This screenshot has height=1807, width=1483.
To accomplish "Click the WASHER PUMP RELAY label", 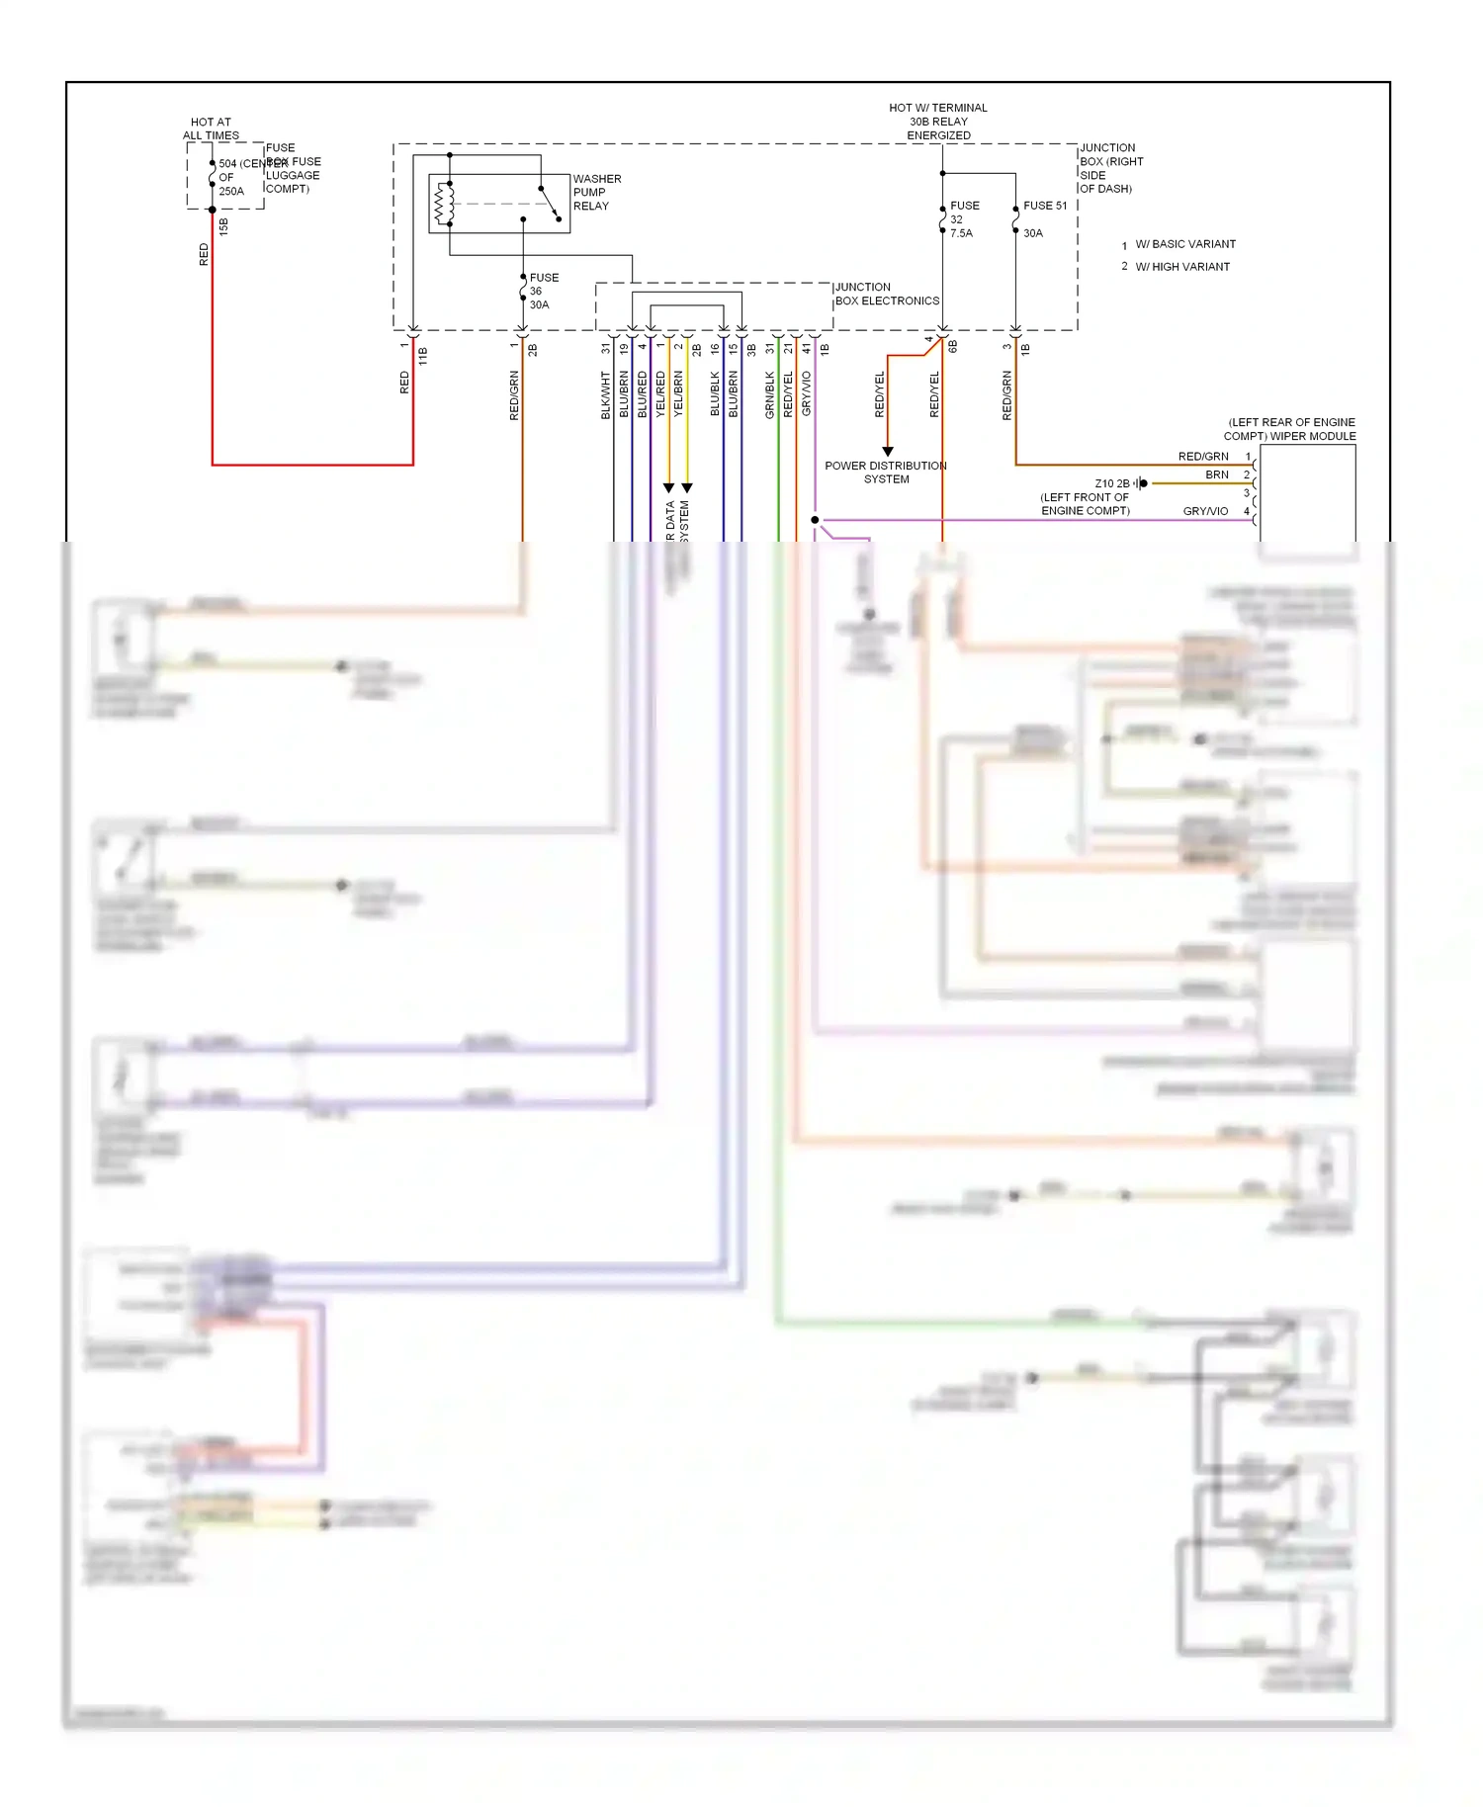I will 596,193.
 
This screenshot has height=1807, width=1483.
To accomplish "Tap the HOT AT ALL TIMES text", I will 211,129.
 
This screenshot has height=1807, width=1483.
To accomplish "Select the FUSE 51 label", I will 1044,206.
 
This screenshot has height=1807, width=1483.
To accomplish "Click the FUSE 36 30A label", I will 543,291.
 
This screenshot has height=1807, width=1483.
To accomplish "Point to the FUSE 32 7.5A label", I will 963,219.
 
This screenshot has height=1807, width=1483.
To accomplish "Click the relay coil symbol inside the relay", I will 444,204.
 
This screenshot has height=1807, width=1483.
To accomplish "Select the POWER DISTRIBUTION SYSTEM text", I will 886,473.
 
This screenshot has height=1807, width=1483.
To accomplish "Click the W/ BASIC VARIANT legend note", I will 1184,244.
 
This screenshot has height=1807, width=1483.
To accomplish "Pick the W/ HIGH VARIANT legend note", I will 1182,267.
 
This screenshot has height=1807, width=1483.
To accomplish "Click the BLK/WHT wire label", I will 606,395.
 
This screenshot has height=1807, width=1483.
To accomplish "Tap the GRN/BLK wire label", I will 770,395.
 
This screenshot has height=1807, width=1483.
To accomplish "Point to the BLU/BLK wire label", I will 715,393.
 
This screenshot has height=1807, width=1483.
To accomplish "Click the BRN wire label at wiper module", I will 1216,474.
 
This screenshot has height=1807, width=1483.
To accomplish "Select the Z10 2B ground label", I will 1111,483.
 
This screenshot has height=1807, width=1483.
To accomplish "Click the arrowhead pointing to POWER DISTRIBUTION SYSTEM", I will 888,451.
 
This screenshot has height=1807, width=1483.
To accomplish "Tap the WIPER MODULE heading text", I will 1290,429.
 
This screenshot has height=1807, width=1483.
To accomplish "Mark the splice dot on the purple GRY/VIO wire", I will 815,520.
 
